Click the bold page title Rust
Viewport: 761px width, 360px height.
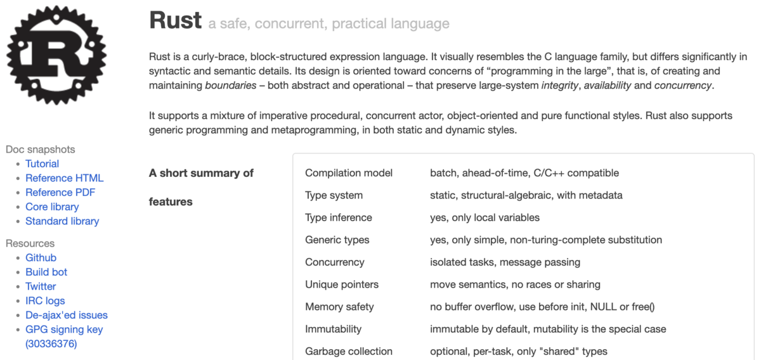point(175,22)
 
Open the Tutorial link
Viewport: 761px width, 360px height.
point(42,164)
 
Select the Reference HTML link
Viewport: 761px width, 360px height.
point(64,178)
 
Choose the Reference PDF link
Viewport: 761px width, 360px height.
point(60,192)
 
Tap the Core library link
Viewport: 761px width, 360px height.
point(52,207)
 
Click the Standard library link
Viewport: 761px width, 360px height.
point(62,221)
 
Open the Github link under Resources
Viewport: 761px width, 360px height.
point(41,257)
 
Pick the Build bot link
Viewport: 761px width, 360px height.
point(46,272)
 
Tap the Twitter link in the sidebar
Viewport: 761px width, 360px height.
point(41,286)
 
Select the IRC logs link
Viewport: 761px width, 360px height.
point(45,300)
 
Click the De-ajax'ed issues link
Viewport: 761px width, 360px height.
point(67,315)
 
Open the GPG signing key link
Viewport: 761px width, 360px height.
point(63,330)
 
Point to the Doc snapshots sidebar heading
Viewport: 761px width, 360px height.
point(40,150)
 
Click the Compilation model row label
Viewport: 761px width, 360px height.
point(349,173)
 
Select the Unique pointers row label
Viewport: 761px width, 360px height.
point(342,285)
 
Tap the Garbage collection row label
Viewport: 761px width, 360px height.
point(349,351)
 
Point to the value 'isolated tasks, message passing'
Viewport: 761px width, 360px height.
point(505,262)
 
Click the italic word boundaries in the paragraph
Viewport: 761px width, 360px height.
point(231,86)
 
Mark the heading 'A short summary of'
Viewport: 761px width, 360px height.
point(201,173)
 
